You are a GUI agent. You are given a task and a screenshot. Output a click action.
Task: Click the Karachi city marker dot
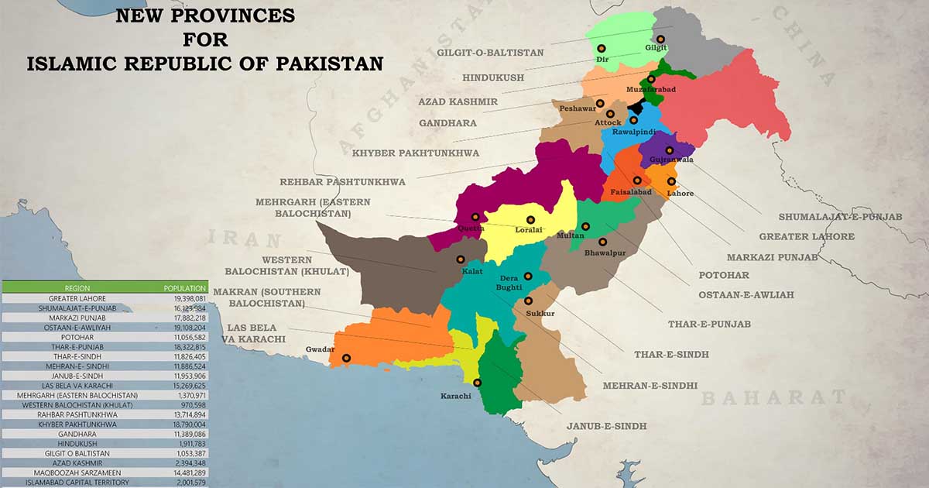(477, 382)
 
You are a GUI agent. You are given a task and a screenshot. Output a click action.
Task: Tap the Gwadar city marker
(346, 358)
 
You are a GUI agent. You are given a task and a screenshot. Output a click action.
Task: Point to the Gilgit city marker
(660, 39)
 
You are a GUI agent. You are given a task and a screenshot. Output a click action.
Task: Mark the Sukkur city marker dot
(529, 301)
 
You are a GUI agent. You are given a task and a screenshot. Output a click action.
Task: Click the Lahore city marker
(671, 182)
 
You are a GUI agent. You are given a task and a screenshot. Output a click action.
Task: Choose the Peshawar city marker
(601, 99)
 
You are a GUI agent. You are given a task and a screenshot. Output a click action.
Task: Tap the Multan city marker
(586, 226)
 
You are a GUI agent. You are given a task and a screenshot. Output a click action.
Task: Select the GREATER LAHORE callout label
(807, 236)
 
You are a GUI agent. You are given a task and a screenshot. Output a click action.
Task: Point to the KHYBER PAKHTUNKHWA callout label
(416, 153)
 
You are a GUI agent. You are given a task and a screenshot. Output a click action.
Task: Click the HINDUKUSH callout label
(493, 77)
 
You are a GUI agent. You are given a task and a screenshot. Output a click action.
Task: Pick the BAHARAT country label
(773, 398)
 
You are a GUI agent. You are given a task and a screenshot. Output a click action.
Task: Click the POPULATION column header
(184, 287)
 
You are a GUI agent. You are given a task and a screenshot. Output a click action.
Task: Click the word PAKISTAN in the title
(330, 64)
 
